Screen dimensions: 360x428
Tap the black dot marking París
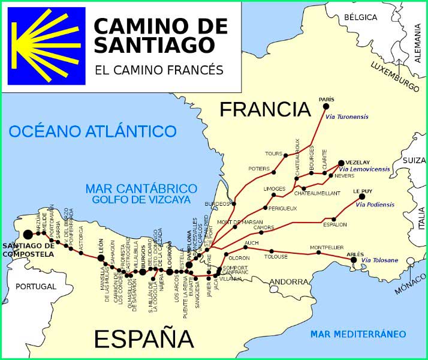326,106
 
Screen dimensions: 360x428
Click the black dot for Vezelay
341,163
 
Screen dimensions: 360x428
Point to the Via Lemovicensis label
364,170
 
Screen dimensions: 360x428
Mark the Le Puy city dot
362,196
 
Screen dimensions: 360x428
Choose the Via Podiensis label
375,205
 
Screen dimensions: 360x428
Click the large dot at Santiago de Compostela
28,235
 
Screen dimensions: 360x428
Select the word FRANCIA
265,109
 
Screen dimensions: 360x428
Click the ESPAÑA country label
144,339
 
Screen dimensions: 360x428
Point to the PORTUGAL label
35,287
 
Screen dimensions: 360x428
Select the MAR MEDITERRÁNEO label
358,334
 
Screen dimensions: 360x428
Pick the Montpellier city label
327,247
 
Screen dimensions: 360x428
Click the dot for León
101,258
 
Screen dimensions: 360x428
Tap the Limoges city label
275,188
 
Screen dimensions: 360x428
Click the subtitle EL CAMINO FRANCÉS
159,70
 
